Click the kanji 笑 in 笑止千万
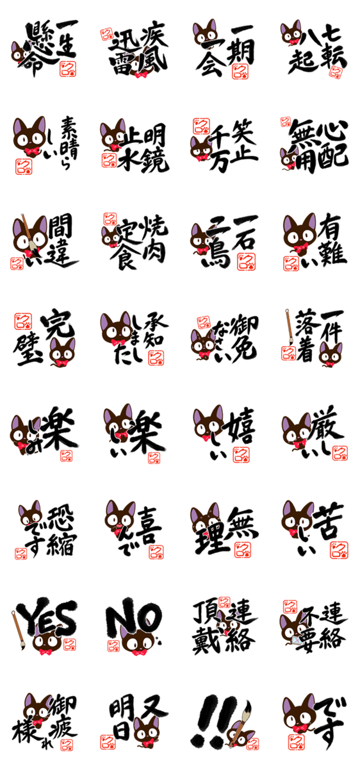coord(241,133)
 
